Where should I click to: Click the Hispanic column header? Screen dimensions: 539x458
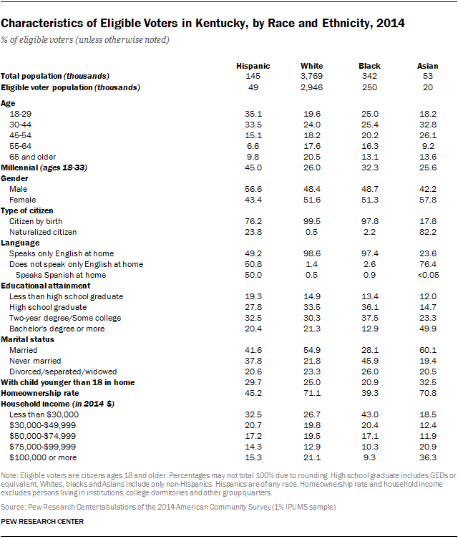[x=253, y=66]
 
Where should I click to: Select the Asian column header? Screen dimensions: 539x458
[x=427, y=66]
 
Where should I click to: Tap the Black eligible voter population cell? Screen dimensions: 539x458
[x=369, y=87]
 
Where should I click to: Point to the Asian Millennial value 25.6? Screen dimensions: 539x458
[x=427, y=167]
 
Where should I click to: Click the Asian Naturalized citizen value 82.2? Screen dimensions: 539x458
[x=427, y=232]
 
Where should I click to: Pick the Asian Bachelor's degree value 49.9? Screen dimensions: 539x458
[x=427, y=329]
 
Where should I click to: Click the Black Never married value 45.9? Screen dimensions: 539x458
[x=369, y=361]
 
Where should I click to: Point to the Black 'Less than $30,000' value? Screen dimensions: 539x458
[x=369, y=414]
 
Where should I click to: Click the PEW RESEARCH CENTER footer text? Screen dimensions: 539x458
[x=42, y=521]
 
